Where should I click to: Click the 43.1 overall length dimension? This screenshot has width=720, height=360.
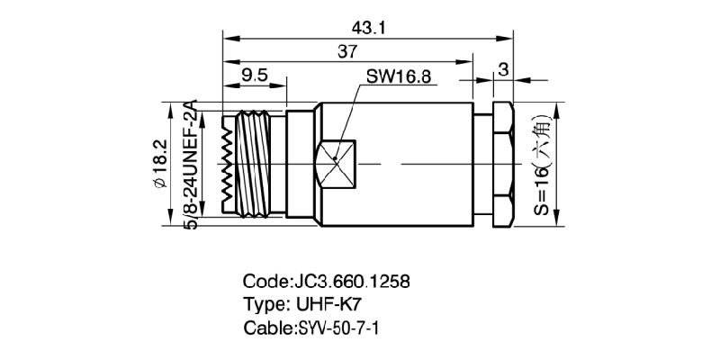tap(369, 28)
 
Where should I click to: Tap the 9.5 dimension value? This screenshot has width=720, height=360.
tap(255, 76)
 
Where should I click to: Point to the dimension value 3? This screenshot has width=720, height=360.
tap(502, 69)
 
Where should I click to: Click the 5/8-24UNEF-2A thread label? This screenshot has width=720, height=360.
tap(190, 166)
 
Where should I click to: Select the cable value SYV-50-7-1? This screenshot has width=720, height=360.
tap(338, 327)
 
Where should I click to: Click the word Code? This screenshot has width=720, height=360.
tap(263, 281)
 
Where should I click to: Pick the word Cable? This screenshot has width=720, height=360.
tap(266, 327)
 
